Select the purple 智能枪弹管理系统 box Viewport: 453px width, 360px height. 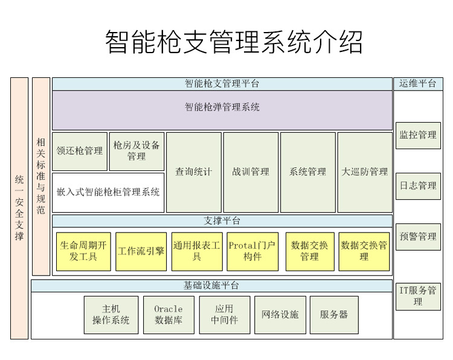pos(222,108)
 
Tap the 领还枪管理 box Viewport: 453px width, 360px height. pos(79,151)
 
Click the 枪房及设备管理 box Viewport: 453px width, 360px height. pos(137,151)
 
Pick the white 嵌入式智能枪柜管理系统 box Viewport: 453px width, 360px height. pos(108,192)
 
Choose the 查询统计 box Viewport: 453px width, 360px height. pos(193,172)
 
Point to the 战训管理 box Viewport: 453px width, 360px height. pos(251,172)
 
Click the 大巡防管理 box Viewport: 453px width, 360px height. pos(364,172)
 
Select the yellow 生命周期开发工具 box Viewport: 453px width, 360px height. pos(83,251)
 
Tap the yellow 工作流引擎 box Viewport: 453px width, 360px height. pos(141,251)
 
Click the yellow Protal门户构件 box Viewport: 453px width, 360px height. pos(252,251)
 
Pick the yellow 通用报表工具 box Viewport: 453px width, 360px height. pos(197,251)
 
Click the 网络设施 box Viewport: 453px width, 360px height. pos(280,315)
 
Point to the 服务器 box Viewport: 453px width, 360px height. pos(334,315)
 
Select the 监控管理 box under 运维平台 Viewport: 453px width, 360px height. pos(418,135)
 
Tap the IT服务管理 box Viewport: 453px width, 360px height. pos(418,296)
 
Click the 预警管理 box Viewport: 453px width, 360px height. pos(418,237)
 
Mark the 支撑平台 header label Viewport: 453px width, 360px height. pos(222,221)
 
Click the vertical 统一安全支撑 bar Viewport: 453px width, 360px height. pos(19,208)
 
